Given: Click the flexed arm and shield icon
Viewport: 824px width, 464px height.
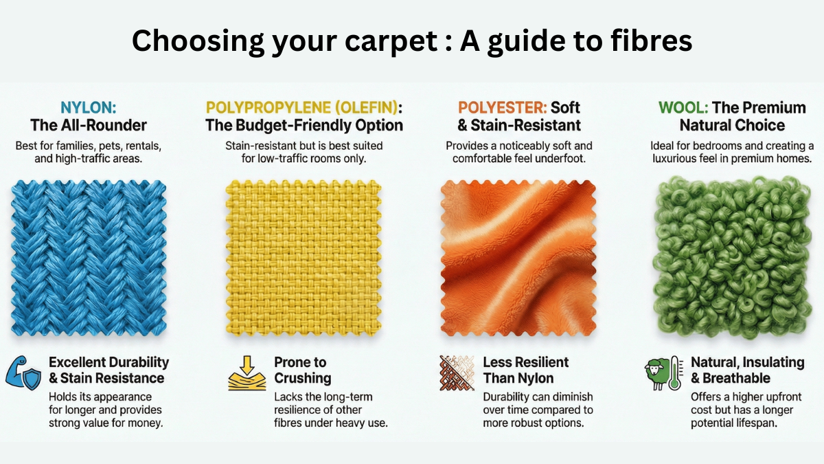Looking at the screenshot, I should point(24,372).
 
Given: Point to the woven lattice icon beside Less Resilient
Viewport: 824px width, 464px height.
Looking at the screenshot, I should point(457,372).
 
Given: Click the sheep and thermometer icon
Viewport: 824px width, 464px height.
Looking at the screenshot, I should point(663,372).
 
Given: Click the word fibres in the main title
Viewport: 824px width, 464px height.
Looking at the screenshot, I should point(644,41).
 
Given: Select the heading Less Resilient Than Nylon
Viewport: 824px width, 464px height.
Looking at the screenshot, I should point(525,370).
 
